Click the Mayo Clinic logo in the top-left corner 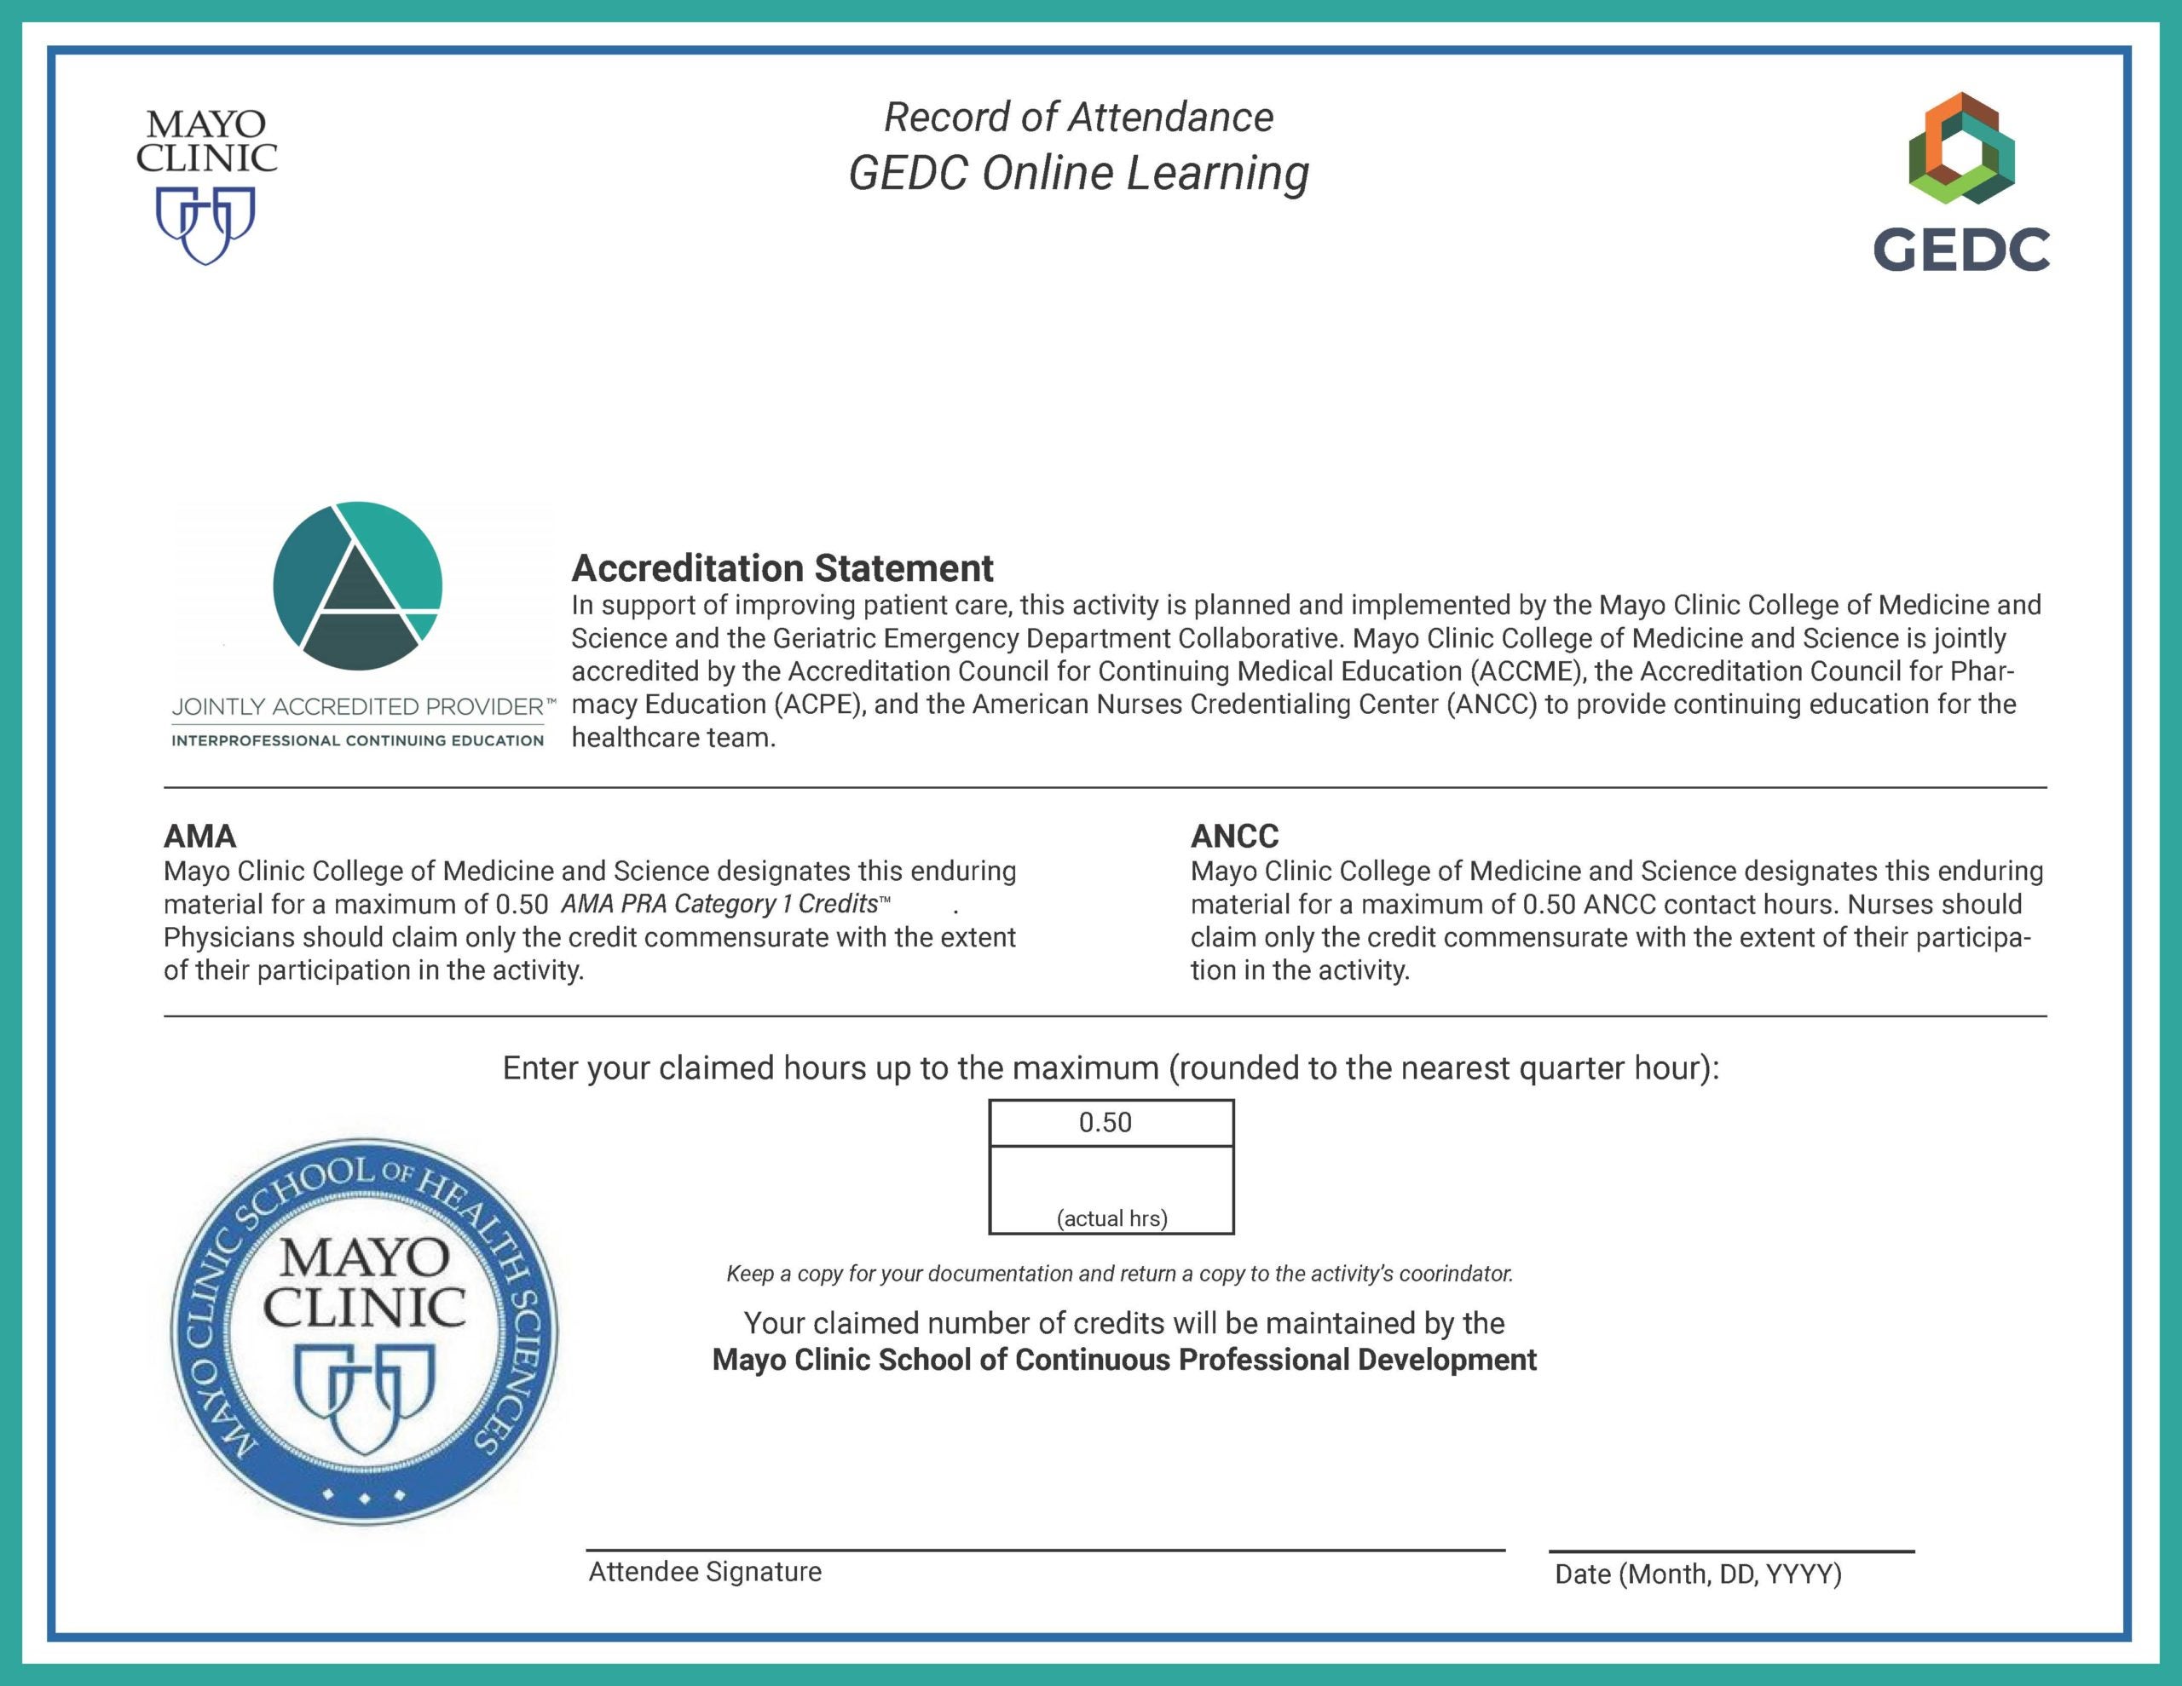pyautogui.click(x=207, y=186)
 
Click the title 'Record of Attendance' pyautogui.click(x=1079, y=117)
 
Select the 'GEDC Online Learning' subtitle pyautogui.click(x=1079, y=173)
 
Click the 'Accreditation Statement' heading pyautogui.click(x=782, y=568)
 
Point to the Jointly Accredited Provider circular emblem pyautogui.click(x=358, y=586)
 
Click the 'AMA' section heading pyautogui.click(x=199, y=835)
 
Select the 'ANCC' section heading pyautogui.click(x=1235, y=835)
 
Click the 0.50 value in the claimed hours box pyautogui.click(x=1105, y=1123)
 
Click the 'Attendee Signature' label pyautogui.click(x=704, y=1572)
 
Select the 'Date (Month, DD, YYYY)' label pyautogui.click(x=1699, y=1574)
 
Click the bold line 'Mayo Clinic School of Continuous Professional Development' pyautogui.click(x=1124, y=1361)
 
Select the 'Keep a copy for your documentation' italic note pyautogui.click(x=1119, y=1274)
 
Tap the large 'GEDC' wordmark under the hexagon pyautogui.click(x=1961, y=249)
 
